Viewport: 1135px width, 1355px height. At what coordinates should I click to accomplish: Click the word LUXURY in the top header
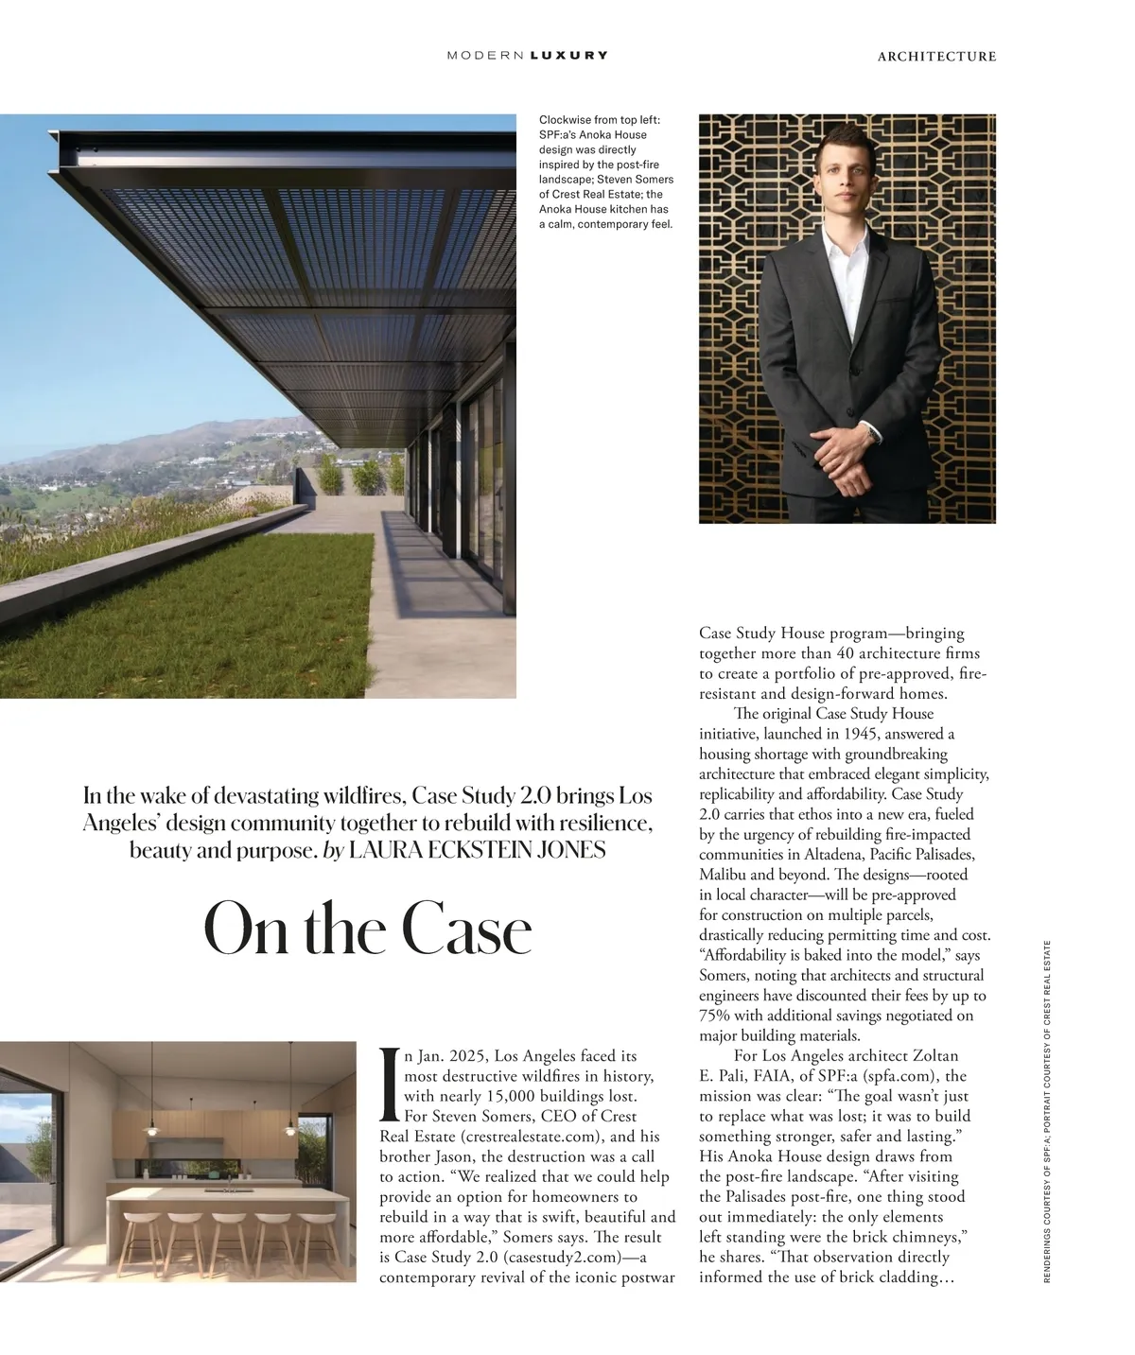(569, 56)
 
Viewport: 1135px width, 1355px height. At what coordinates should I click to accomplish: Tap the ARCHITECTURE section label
(936, 57)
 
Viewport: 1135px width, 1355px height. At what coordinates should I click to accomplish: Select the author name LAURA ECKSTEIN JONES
(477, 850)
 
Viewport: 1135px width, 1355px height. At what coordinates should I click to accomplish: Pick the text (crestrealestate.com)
(531, 1137)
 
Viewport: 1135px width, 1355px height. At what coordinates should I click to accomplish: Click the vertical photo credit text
(1047, 1110)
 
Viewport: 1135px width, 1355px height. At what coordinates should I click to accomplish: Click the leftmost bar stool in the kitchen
(141, 1230)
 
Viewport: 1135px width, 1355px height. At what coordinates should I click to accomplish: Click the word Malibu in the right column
(724, 875)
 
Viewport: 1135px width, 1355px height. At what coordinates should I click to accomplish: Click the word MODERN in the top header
(486, 56)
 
